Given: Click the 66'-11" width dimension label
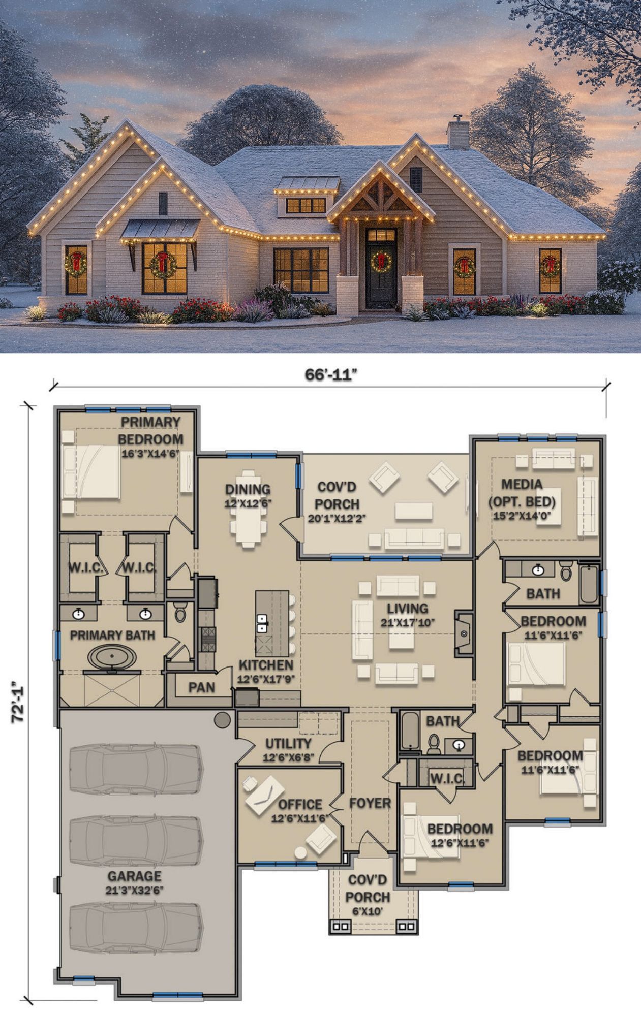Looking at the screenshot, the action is pos(331,374).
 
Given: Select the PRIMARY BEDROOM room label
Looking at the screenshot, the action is pos(150,430).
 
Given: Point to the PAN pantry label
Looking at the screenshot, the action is pos(201,687).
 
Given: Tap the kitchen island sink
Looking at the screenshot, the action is pos(262,623).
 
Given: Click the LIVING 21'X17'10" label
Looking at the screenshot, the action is pos(408,615).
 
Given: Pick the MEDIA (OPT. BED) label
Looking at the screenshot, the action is pos(522,493).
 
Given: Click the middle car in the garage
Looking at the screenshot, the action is pos(136,840).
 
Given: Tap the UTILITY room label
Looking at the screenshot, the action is pos(288,743).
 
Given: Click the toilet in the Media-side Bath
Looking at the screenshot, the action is pos(566,572).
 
